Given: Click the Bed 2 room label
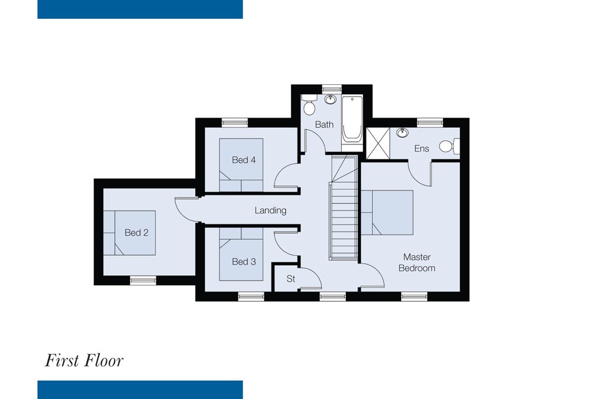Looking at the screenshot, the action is point(136,233).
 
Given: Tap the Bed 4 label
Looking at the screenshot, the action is point(244,160).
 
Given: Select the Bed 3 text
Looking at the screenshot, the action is point(244,262).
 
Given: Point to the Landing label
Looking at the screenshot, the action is point(271,210).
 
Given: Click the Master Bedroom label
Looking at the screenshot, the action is point(417,263).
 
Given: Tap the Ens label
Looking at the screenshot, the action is point(421,149).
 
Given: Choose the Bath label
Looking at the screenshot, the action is point(324,124).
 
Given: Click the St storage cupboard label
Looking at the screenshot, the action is point(291,279).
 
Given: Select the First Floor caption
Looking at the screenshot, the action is point(84,361).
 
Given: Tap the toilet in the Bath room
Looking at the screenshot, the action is point(309,105).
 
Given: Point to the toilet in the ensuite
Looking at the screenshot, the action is point(449,146).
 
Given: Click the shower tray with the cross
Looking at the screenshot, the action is point(378,143).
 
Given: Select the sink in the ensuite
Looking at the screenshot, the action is point(402,133).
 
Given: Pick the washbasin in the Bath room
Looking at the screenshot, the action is point(330,100).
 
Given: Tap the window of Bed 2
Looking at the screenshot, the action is point(143,281).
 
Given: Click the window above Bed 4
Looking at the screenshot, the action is point(235,123).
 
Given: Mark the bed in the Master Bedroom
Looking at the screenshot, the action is point(387,213).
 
